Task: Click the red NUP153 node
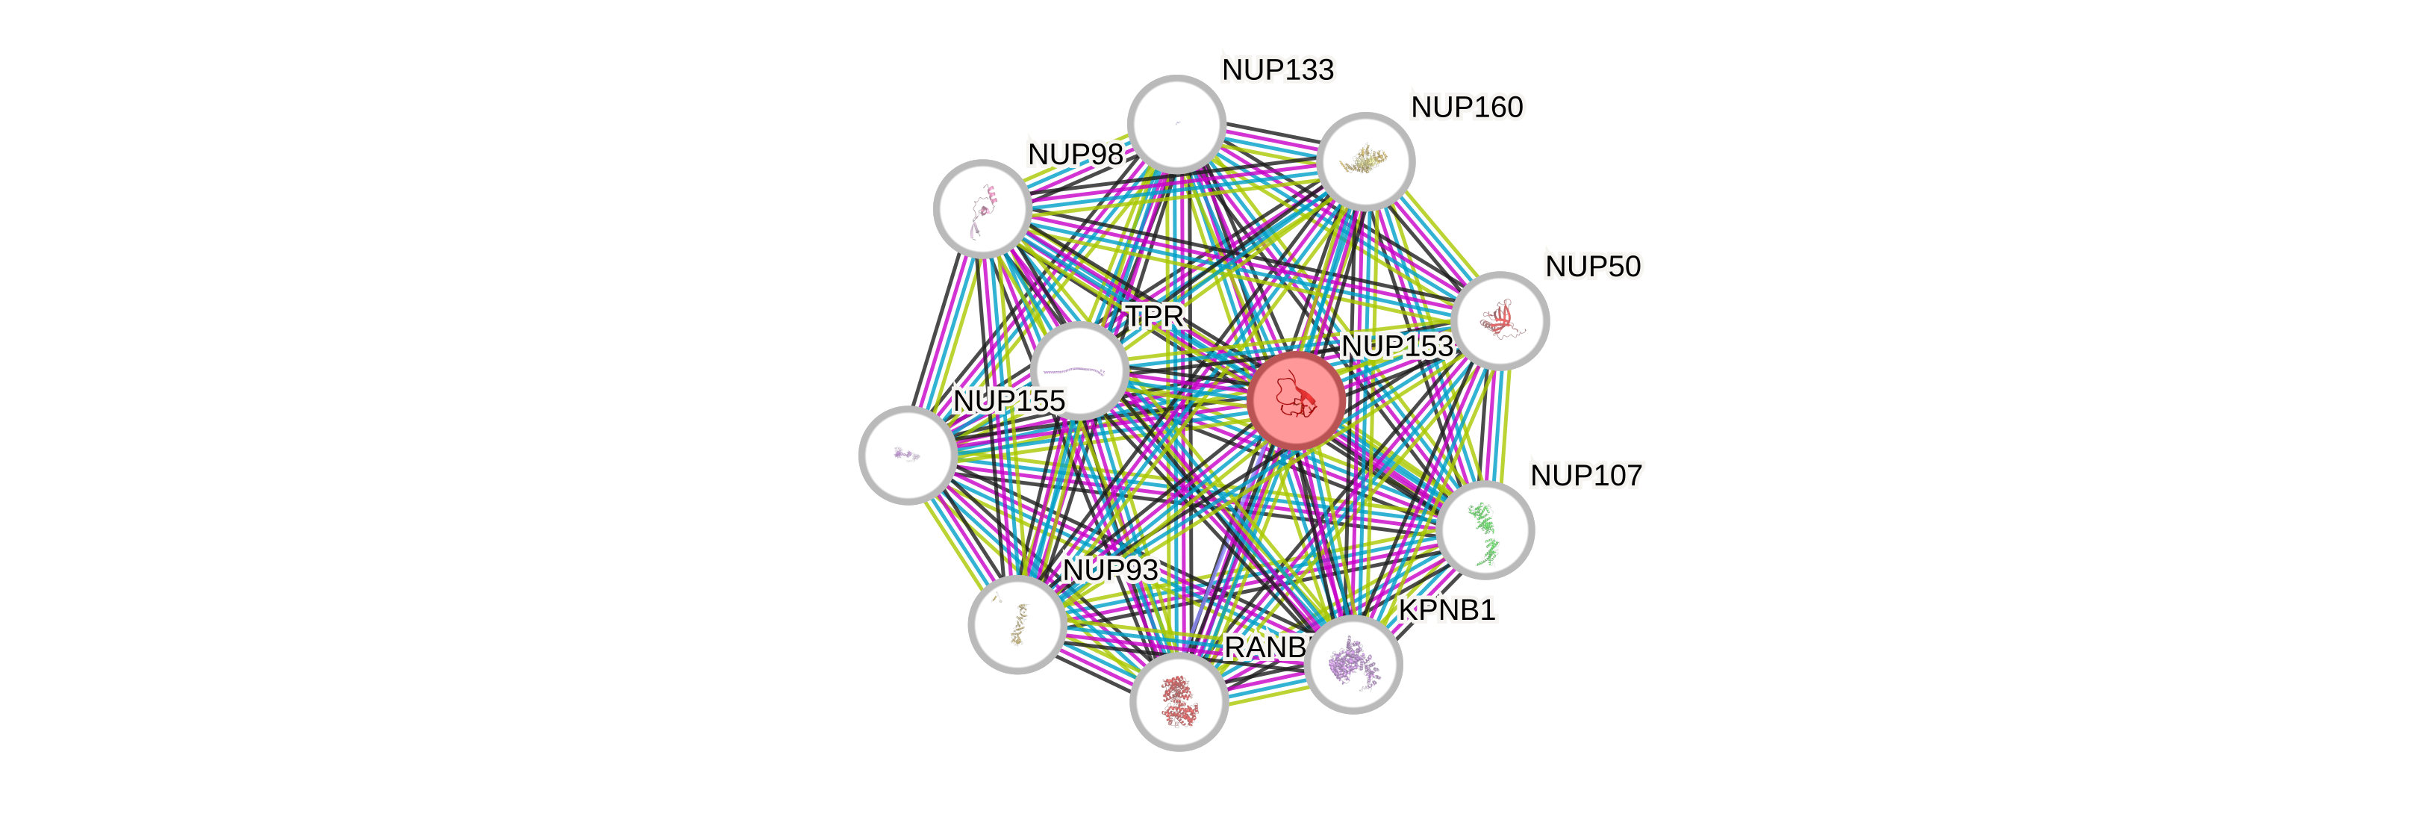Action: click(x=1296, y=400)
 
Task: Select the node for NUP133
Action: click(x=1176, y=123)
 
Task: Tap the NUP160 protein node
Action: click(x=1365, y=161)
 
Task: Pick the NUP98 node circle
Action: click(x=982, y=208)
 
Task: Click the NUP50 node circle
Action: click(x=1500, y=320)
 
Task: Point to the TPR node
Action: click(x=1079, y=370)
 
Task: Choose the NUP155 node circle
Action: click(x=908, y=455)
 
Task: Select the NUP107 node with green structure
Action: click(x=1485, y=529)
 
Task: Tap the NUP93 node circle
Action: click(x=1017, y=624)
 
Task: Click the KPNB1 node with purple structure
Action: click(x=1353, y=664)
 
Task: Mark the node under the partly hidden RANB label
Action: click(x=1178, y=702)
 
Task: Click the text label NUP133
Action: click(x=1277, y=69)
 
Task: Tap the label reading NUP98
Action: click(x=1075, y=155)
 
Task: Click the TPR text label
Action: click(x=1155, y=317)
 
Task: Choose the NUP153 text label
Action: click(x=1397, y=347)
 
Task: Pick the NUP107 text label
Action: click(x=1587, y=475)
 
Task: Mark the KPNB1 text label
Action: click(x=1447, y=611)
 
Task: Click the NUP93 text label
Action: click(x=1109, y=570)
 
